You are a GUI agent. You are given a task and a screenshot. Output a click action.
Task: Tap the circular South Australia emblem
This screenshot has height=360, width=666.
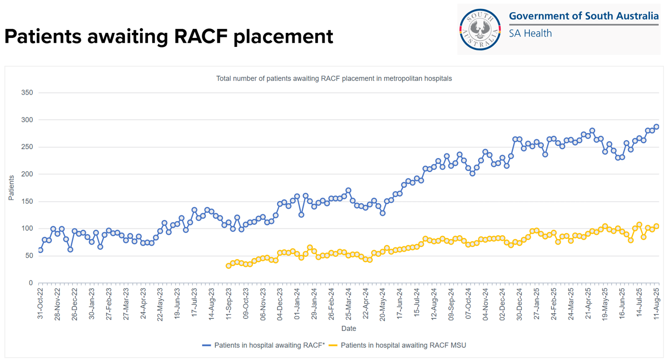[480, 29]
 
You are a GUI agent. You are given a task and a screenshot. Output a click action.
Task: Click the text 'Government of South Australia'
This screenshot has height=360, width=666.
[584, 16]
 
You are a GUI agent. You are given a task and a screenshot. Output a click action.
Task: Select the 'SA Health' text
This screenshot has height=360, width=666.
[530, 33]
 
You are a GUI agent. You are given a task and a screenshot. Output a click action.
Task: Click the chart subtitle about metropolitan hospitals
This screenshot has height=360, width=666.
[334, 78]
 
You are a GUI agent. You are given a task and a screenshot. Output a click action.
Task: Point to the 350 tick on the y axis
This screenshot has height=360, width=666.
[28, 93]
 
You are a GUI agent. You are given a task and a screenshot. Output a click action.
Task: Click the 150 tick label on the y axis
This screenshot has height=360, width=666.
[28, 202]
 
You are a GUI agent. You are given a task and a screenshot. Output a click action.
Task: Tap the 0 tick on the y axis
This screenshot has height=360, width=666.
[31, 283]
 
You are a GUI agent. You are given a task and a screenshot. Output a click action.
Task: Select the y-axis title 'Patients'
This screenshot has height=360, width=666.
[11, 188]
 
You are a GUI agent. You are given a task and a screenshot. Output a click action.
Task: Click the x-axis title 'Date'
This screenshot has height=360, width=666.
[348, 328]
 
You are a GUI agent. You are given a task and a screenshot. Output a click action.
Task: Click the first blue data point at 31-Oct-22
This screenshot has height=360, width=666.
[40, 250]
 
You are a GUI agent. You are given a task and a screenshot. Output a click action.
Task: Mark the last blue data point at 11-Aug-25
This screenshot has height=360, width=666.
[656, 127]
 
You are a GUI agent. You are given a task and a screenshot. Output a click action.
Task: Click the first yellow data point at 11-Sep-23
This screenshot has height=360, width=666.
[228, 266]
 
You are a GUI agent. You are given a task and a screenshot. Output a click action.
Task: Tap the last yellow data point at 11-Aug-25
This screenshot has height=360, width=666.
[656, 226]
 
